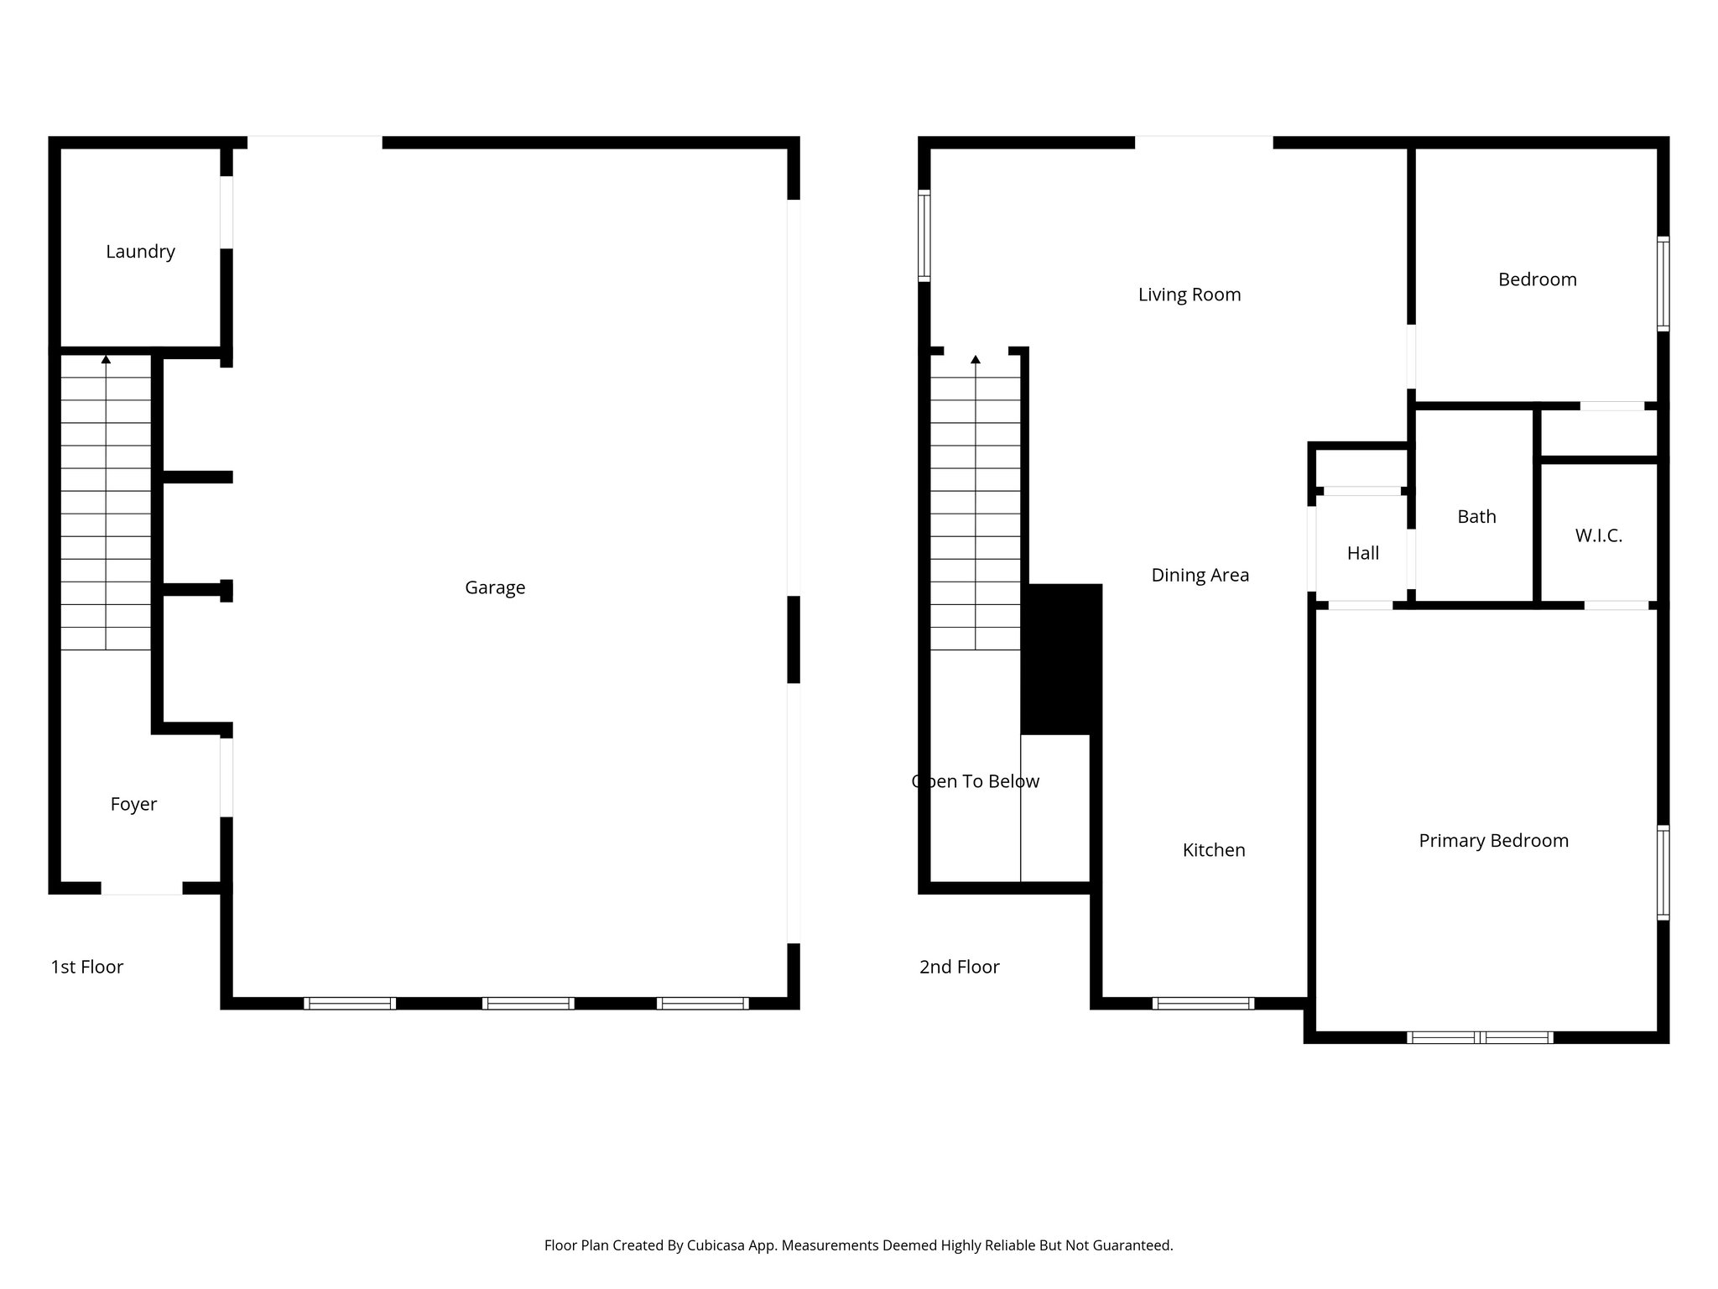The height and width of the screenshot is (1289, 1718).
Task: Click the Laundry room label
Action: click(x=140, y=252)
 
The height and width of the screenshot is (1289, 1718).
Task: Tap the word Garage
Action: click(x=495, y=587)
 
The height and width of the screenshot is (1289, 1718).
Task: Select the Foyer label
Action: click(x=133, y=804)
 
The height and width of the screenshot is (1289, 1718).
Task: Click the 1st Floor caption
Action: click(x=86, y=967)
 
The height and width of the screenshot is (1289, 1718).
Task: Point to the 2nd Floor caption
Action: click(x=959, y=967)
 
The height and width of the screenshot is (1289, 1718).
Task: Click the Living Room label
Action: click(x=1189, y=295)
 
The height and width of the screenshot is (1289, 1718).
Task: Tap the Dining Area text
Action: click(x=1200, y=575)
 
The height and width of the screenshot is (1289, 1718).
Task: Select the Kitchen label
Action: click(x=1213, y=850)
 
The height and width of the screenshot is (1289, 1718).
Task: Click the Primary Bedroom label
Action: click(x=1493, y=841)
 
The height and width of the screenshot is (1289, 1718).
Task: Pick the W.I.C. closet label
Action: click(x=1598, y=535)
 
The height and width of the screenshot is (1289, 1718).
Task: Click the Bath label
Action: click(x=1476, y=517)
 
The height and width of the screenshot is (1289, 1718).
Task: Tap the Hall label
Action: click(x=1362, y=553)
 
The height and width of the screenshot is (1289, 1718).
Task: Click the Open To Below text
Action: click(x=976, y=781)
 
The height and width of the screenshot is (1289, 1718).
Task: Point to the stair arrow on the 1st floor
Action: click(x=106, y=360)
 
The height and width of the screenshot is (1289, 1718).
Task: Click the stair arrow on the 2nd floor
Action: click(x=976, y=360)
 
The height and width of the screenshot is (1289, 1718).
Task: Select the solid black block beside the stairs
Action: click(x=1061, y=659)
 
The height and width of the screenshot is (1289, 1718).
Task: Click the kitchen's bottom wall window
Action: click(x=1203, y=1003)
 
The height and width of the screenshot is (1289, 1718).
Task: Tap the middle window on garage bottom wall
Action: click(x=528, y=1003)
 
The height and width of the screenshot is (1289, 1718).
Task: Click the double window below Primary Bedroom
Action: click(x=1480, y=1037)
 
